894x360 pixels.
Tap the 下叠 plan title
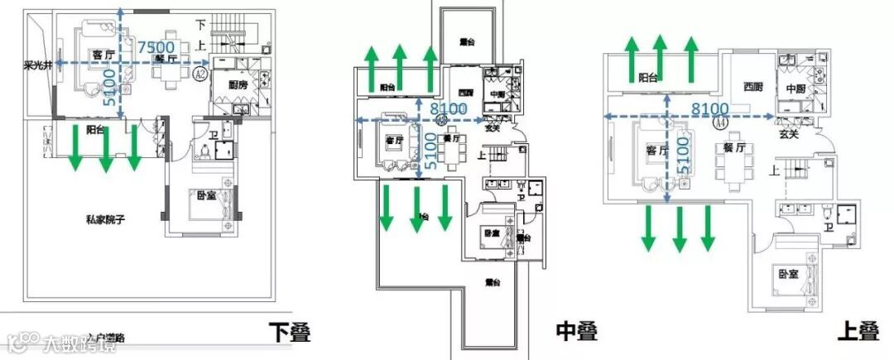(290, 333)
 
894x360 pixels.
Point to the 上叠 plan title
(858, 333)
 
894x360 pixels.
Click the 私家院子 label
(110, 219)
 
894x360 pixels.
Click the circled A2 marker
(199, 74)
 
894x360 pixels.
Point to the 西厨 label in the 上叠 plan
(752, 86)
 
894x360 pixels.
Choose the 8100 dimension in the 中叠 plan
(448, 108)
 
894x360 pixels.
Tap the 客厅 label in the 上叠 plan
(657, 151)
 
